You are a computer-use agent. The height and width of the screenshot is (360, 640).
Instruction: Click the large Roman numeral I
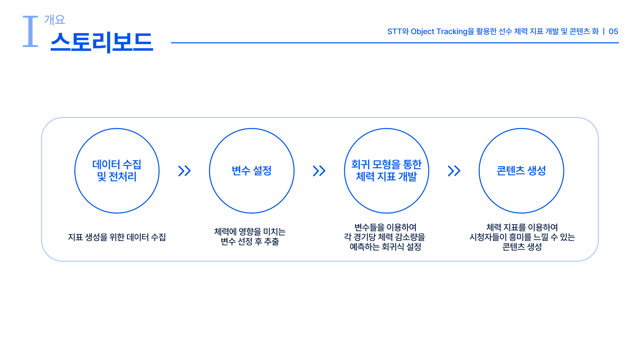30,31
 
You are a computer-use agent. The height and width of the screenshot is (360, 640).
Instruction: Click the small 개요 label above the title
54,20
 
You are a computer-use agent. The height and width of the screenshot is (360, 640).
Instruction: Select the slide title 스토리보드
102,42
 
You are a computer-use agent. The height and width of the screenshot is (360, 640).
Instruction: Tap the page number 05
613,31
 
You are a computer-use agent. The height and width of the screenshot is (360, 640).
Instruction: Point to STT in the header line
394,31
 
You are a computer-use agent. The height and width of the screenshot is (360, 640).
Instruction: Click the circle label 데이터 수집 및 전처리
117,170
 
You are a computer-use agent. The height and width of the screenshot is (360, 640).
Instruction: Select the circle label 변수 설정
252,171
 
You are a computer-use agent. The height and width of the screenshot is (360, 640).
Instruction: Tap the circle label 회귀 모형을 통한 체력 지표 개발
386,170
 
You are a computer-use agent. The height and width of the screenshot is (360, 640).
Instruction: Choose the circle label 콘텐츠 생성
521,171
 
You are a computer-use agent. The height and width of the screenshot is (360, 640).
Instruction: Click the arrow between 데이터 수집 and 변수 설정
184,171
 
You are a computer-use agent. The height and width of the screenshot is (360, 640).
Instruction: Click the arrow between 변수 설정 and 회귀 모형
319,171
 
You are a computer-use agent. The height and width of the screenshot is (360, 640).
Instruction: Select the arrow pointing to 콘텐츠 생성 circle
454,171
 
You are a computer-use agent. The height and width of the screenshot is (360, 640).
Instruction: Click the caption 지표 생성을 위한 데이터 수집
117,237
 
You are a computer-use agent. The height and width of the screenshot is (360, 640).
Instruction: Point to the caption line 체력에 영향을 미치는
250,232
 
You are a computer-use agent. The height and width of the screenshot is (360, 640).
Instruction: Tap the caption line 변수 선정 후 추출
250,241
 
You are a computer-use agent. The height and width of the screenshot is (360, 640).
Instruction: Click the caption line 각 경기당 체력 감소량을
385,237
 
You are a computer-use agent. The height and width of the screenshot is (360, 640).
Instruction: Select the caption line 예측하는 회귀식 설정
386,247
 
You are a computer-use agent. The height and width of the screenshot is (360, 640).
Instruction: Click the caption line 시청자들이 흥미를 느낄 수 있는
522,237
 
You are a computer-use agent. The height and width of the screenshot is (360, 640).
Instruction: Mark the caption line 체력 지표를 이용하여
522,227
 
